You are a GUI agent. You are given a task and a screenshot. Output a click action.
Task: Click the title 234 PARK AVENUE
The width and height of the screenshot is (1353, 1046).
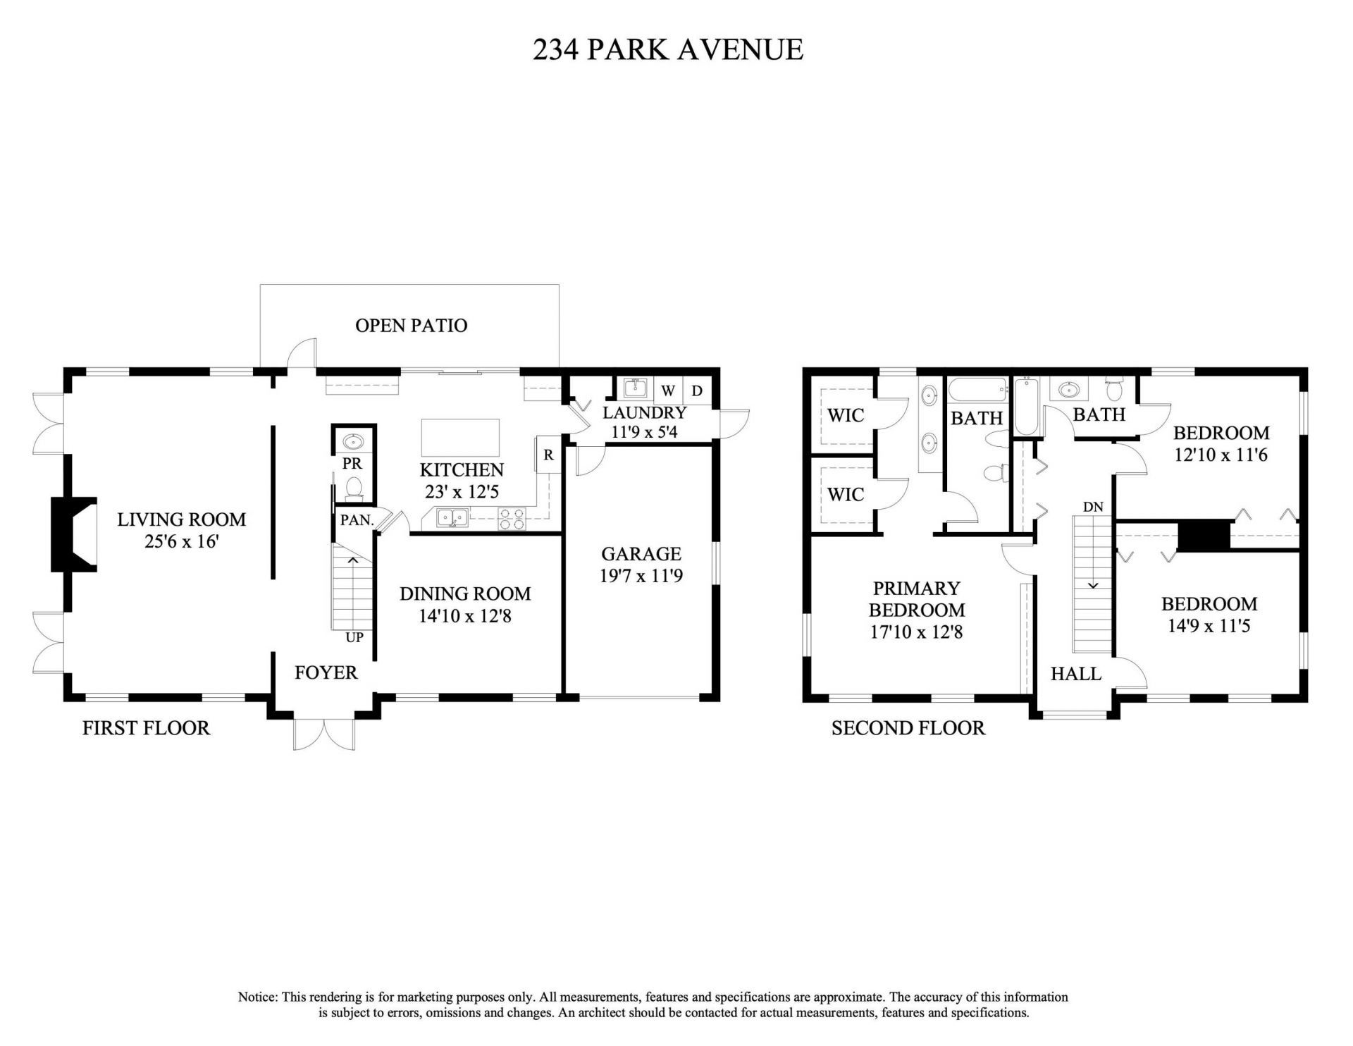667,49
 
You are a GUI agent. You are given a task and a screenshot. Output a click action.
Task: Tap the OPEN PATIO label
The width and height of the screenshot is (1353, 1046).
411,325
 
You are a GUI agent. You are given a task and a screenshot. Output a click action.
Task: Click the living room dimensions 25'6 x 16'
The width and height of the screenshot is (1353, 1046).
181,542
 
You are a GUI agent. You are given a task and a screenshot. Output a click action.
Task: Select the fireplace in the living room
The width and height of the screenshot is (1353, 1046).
74,534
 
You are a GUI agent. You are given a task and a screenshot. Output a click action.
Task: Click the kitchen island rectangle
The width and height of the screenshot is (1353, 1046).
460,438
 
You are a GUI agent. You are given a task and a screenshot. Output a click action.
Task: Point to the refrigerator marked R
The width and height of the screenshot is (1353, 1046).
548,455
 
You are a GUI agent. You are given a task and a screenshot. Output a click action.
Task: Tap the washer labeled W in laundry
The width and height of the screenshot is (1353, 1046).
667,390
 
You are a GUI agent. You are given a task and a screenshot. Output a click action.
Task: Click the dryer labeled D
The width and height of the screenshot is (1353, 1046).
696,390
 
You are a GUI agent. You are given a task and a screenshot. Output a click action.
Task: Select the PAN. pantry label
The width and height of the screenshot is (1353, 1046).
357,520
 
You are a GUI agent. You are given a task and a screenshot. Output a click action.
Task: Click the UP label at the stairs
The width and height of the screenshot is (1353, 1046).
354,637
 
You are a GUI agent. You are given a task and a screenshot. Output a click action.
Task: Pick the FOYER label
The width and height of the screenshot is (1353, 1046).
326,672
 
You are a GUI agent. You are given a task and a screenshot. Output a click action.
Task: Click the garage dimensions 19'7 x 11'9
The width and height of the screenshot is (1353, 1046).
641,576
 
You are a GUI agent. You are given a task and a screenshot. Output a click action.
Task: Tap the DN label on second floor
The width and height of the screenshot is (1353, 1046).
1093,507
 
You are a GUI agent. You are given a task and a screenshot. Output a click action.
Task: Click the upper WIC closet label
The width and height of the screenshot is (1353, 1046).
845,414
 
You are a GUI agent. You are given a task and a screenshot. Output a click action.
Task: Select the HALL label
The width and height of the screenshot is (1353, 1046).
1075,674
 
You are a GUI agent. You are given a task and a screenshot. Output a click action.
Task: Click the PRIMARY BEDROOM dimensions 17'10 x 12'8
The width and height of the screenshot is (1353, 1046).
915,632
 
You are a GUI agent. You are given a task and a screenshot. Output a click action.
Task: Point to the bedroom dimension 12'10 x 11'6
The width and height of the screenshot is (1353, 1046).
1221,455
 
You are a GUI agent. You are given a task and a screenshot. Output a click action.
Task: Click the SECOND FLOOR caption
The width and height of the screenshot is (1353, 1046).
908,727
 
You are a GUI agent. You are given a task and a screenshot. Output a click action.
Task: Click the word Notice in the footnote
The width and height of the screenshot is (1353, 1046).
257,997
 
